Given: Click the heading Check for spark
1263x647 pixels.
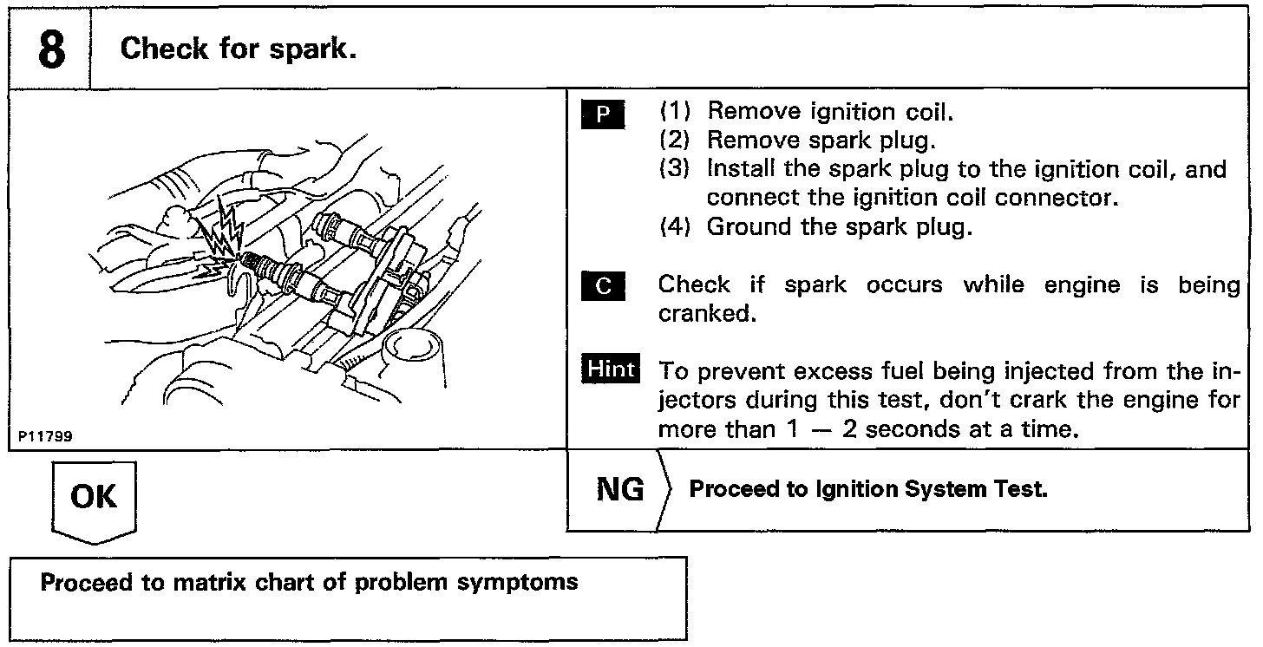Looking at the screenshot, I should coord(239,49).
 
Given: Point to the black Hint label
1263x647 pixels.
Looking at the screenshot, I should coord(611,369).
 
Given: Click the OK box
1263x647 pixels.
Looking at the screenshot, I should coord(95,496).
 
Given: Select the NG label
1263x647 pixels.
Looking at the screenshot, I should coord(620,490).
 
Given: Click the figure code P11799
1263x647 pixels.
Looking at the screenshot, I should coord(43,437).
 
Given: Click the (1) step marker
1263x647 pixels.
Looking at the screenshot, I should coord(675,112).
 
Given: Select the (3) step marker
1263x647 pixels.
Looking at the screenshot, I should coord(675,168).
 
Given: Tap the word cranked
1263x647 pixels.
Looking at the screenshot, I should coord(702,314).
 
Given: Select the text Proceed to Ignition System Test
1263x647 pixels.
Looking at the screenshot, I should coord(867,490).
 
